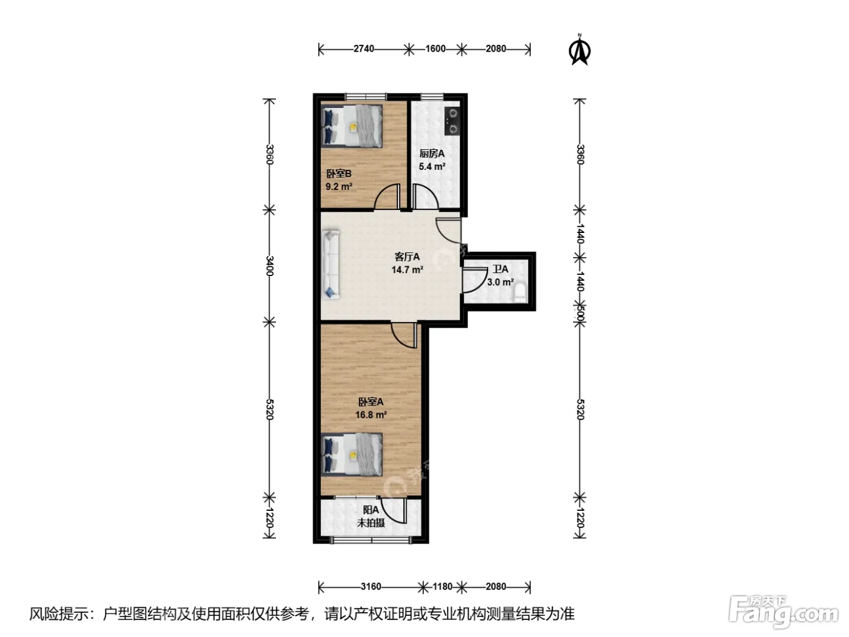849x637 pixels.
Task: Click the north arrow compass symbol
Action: [x=580, y=50]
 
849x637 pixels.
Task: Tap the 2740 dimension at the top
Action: [x=364, y=49]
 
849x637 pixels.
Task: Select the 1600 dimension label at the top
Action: [x=435, y=49]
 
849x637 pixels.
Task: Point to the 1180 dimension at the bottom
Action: [x=442, y=587]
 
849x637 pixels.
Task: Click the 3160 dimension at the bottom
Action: [x=371, y=587]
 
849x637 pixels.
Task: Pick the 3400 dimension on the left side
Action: [x=270, y=266]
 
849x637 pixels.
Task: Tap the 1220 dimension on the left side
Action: [x=270, y=517]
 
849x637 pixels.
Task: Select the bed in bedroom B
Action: [x=352, y=126]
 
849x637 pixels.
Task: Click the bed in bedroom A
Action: [x=352, y=454]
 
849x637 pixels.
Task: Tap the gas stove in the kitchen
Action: [x=452, y=121]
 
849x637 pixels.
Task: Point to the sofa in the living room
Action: [x=331, y=265]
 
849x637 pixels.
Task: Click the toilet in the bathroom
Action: [x=521, y=292]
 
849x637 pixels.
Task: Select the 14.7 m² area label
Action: [x=407, y=269]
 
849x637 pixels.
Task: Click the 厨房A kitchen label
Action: [x=432, y=153]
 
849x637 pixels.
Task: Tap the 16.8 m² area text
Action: [x=371, y=414]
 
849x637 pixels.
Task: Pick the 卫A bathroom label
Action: [x=500, y=269]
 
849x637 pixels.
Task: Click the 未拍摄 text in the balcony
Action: [x=371, y=523]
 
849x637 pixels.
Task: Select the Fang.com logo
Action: [x=784, y=612]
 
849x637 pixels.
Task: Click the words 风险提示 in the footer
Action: [x=59, y=614]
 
